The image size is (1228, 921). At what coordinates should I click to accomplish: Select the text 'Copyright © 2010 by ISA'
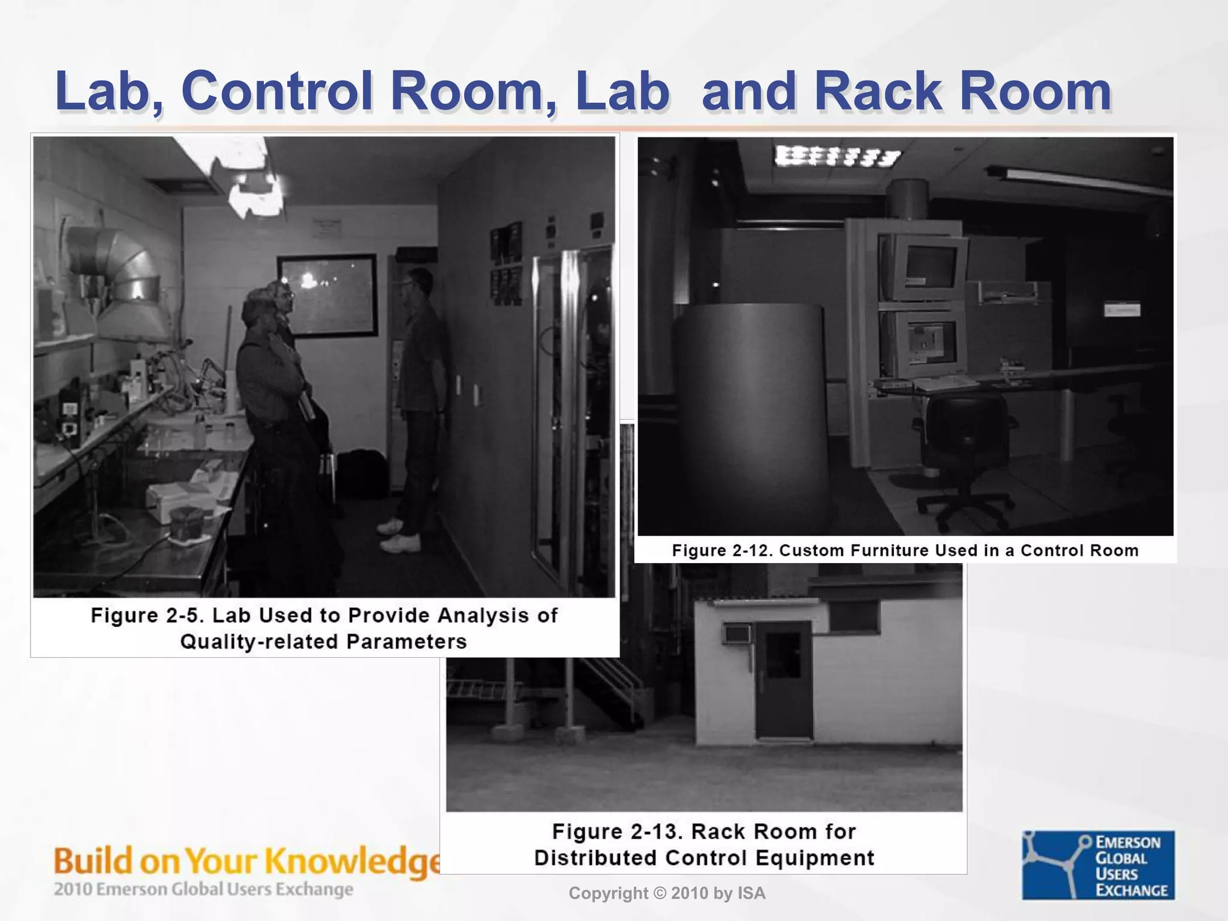pyautogui.click(x=667, y=893)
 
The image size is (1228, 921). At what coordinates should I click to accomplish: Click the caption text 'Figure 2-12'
pyautogui.click(x=722, y=550)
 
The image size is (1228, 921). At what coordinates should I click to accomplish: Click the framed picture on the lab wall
pyautogui.click(x=327, y=295)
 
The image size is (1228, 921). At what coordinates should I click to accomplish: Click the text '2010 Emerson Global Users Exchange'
pyautogui.click(x=203, y=889)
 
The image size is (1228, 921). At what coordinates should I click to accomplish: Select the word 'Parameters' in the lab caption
pyautogui.click(x=407, y=642)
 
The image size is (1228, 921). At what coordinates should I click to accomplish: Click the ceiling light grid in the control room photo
pyautogui.click(x=837, y=156)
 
